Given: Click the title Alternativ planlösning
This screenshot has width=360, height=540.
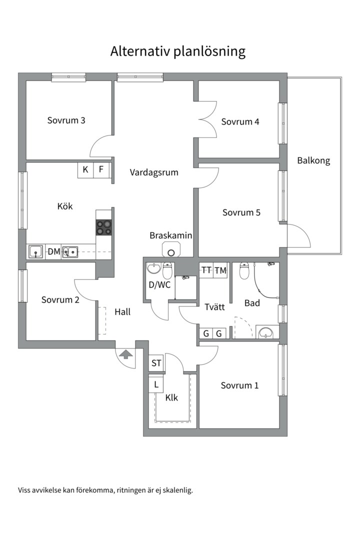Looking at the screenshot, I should (178, 51).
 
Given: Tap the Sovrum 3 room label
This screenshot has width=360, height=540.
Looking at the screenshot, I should (66, 120).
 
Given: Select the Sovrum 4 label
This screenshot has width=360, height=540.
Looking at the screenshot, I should (240, 121).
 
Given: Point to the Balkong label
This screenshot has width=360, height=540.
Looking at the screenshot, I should (313, 161).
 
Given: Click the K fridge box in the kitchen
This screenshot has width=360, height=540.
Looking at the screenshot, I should (85, 170).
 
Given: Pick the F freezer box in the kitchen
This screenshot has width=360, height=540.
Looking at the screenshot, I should (101, 170).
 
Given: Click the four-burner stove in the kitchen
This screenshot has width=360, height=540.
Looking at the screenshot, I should (104, 227).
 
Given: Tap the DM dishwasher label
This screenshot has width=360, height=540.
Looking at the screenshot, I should (54, 252).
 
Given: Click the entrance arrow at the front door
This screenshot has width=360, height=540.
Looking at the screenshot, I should (125, 355).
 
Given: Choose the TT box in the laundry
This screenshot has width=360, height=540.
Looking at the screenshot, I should (206, 270).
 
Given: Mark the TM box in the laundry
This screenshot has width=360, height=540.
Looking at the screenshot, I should (220, 270).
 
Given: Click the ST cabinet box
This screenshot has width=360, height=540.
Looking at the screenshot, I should (156, 363).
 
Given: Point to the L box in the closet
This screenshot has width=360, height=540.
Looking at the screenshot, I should (156, 385).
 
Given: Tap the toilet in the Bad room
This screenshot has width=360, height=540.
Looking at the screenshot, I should (244, 271).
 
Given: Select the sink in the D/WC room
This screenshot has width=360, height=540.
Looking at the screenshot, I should (154, 269).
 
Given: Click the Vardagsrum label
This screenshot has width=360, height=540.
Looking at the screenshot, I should (154, 172).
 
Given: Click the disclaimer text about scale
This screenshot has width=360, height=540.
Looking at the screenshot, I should (105, 490).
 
